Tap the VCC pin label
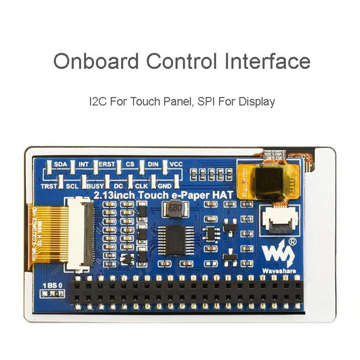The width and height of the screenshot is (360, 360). (176, 164)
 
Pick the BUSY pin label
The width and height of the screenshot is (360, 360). (95, 185)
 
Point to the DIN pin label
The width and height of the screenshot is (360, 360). (153, 164)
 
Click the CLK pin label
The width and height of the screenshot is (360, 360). (142, 185)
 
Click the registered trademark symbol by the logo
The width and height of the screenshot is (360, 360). (292, 241)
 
